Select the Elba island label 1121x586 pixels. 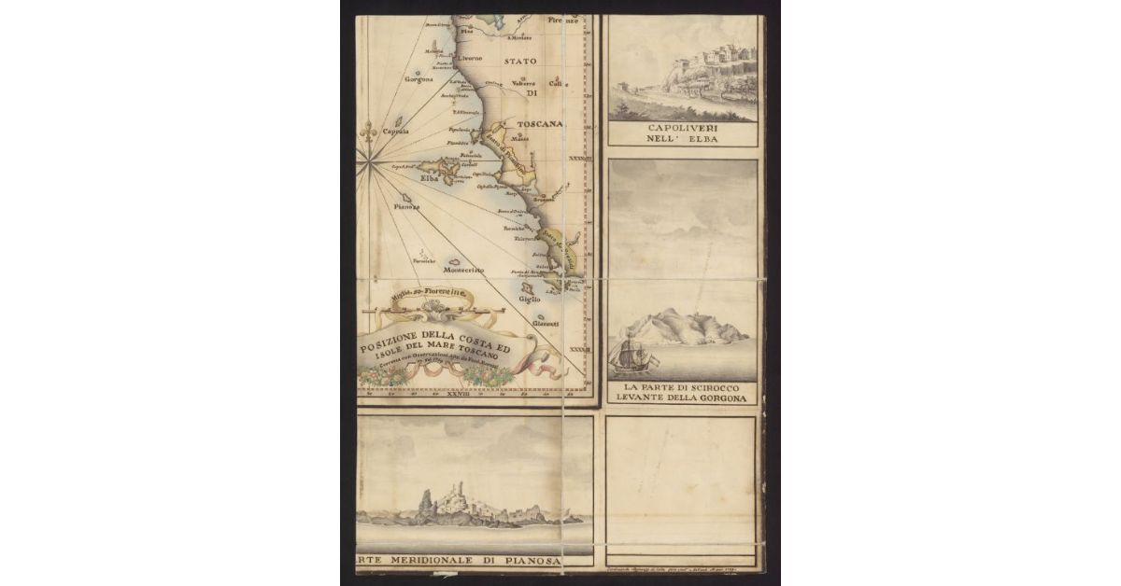[x=429, y=178]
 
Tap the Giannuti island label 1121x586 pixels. [x=546, y=323]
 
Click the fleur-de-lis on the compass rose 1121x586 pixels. [x=369, y=133]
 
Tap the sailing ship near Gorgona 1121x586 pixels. [x=627, y=355]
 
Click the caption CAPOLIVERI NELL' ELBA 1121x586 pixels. [x=681, y=133]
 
